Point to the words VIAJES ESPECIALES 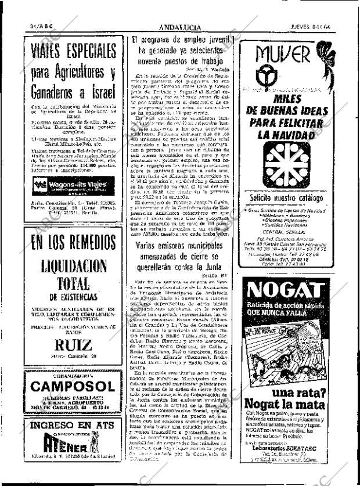point(70,51)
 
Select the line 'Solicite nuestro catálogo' point(286,199)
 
